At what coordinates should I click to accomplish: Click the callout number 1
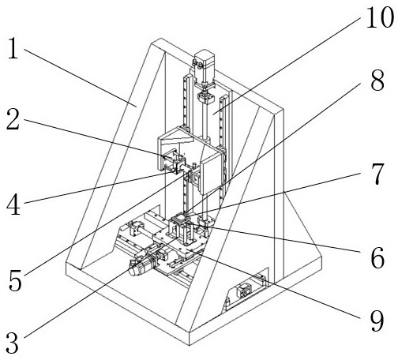[13, 48]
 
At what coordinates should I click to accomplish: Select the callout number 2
[13, 119]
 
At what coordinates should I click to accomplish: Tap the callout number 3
[13, 343]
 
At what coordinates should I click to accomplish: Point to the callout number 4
[13, 204]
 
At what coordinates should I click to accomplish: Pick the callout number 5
[15, 280]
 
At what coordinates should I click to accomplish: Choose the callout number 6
[377, 258]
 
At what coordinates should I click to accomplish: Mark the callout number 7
[378, 174]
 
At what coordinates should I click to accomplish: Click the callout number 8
[377, 81]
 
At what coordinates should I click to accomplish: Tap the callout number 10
[380, 17]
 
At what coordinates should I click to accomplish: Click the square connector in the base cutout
[244, 291]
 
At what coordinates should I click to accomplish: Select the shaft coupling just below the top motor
[206, 98]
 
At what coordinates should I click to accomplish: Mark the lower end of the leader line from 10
[213, 114]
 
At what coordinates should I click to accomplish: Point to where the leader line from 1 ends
[136, 107]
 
